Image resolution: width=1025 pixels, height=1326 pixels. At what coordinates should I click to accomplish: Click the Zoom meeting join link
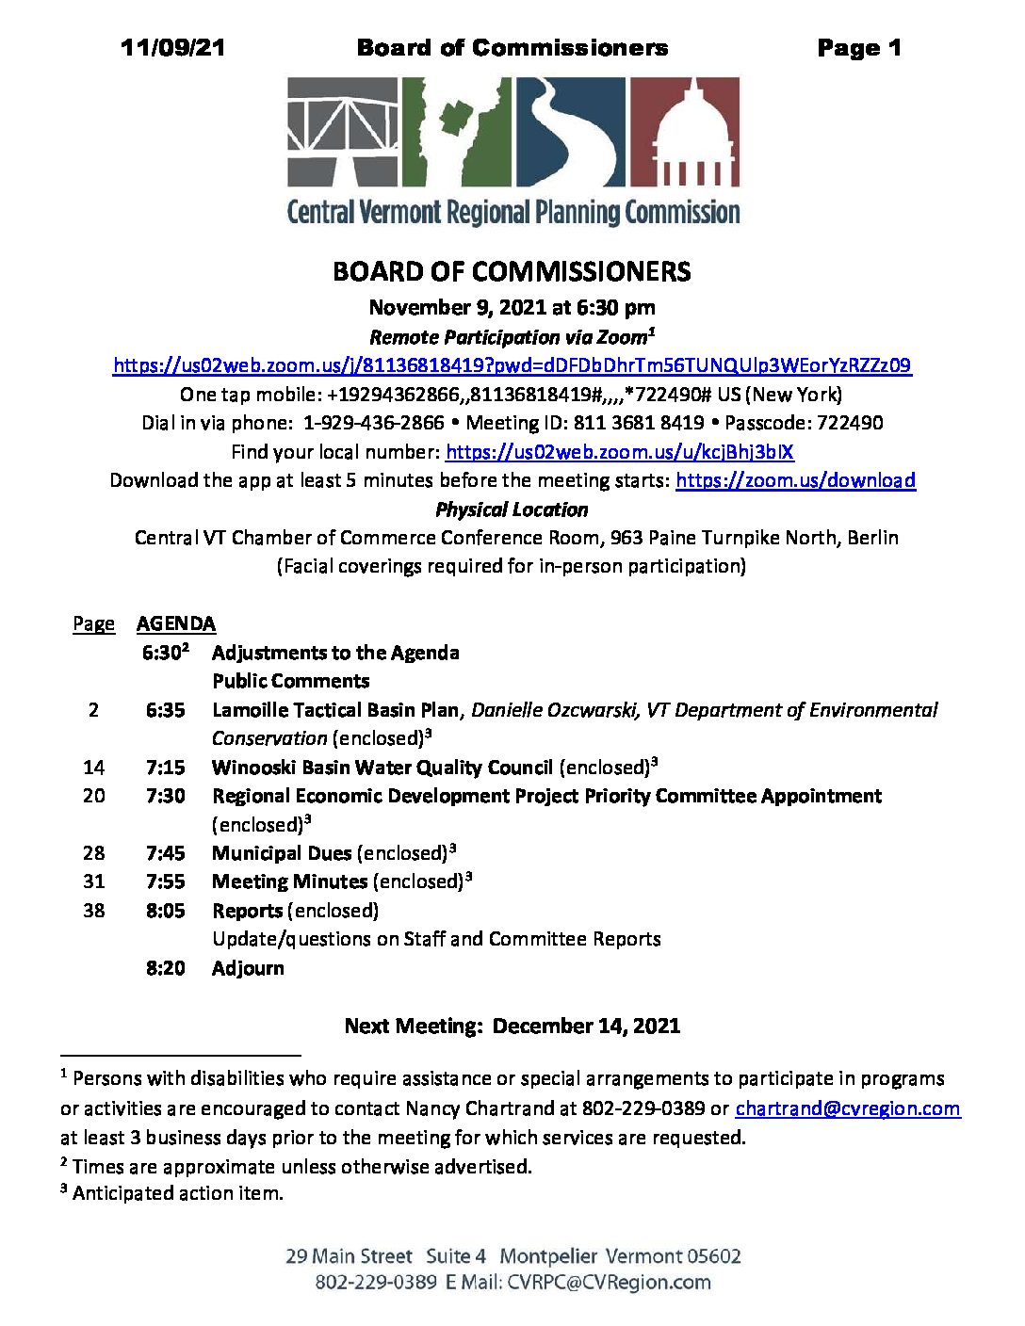click(512, 365)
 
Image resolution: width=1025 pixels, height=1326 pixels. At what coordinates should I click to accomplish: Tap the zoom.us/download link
click(795, 480)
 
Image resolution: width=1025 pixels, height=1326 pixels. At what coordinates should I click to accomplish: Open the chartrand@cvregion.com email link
click(847, 1108)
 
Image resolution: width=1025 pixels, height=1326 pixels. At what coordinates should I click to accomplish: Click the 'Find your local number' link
click(619, 452)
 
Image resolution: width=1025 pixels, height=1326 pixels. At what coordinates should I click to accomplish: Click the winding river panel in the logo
click(569, 131)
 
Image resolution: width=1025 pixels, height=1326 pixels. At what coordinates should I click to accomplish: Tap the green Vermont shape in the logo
click(459, 131)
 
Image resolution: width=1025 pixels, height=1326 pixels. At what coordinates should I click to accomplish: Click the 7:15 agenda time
click(165, 768)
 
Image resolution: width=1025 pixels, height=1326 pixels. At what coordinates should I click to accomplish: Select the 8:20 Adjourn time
click(165, 968)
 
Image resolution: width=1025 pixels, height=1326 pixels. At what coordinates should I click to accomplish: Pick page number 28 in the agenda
click(93, 853)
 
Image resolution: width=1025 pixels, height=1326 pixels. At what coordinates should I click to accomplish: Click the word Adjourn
click(248, 968)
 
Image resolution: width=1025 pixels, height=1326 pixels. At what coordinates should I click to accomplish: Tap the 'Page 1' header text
click(859, 48)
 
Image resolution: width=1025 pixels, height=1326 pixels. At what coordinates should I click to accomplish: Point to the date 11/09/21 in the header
click(173, 48)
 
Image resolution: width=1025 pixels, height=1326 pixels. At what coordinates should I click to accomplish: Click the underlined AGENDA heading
click(176, 623)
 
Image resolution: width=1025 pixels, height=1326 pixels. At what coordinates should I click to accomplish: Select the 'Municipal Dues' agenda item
click(282, 853)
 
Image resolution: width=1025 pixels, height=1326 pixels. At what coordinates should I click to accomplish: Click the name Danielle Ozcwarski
click(554, 710)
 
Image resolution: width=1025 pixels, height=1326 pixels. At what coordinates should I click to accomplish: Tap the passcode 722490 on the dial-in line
click(850, 423)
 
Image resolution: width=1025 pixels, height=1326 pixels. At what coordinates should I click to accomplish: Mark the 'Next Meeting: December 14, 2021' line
click(512, 1026)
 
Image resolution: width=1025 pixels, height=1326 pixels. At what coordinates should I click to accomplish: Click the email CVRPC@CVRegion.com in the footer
click(609, 1282)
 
